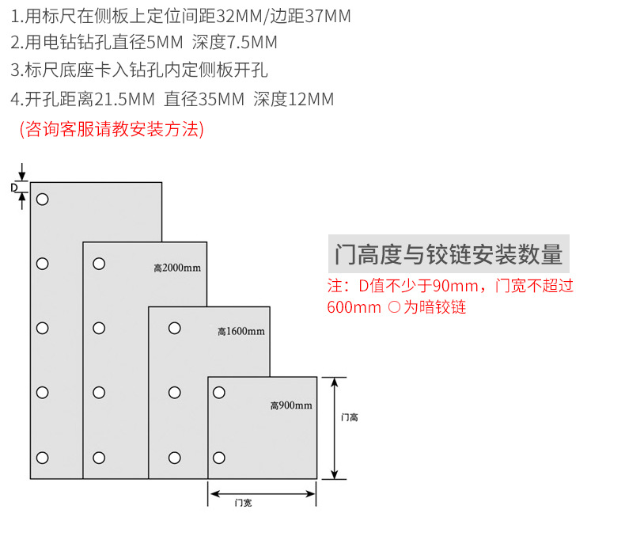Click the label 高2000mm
click(x=177, y=268)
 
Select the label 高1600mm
click(x=241, y=331)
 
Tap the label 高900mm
click(x=291, y=405)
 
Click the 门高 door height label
click(x=349, y=417)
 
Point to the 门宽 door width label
click(x=243, y=503)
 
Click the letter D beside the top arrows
click(x=14, y=188)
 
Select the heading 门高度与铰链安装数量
click(x=449, y=255)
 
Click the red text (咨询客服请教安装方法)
click(x=112, y=129)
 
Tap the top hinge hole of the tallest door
click(x=43, y=199)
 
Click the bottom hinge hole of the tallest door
click(x=43, y=457)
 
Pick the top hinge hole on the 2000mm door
click(x=99, y=263)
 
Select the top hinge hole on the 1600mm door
click(x=173, y=327)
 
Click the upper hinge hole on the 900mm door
click(x=219, y=392)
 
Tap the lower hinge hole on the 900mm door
click(x=219, y=457)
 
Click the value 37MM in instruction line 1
click(x=326, y=16)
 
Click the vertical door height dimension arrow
click(x=335, y=428)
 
